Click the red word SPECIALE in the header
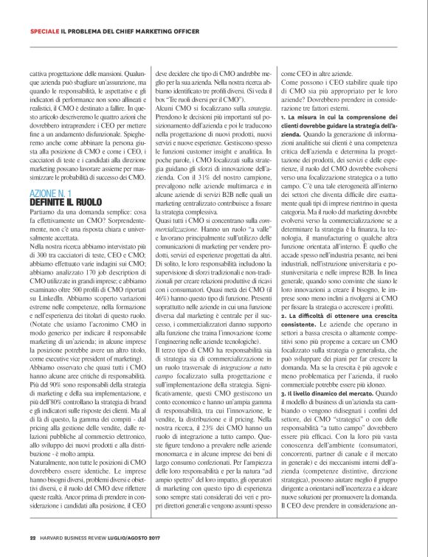[x=45, y=31]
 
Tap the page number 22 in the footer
[x=33, y=538]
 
